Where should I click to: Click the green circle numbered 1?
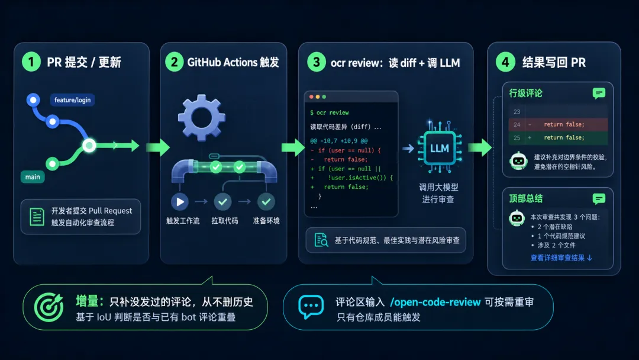(x=31, y=62)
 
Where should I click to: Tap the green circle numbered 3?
(x=316, y=62)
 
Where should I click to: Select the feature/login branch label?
(x=73, y=100)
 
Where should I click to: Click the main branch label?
(x=33, y=177)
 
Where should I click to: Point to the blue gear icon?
(x=201, y=118)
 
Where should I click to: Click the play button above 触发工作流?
(x=180, y=201)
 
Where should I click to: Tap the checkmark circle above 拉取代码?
(x=222, y=201)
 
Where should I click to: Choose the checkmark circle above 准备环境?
(x=266, y=201)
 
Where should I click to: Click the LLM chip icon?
(x=440, y=148)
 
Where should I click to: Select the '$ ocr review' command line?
(x=330, y=112)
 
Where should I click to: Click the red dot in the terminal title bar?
(x=311, y=97)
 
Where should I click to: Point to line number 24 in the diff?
(x=517, y=125)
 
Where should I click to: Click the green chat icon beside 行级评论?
(x=599, y=94)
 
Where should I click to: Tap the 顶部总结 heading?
(x=526, y=198)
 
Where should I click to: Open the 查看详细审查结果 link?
(x=561, y=258)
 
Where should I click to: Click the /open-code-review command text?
(x=435, y=302)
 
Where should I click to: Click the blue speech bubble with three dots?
(x=311, y=306)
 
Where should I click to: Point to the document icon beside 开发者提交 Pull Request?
(x=37, y=217)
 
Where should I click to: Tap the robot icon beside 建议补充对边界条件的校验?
(x=518, y=160)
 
